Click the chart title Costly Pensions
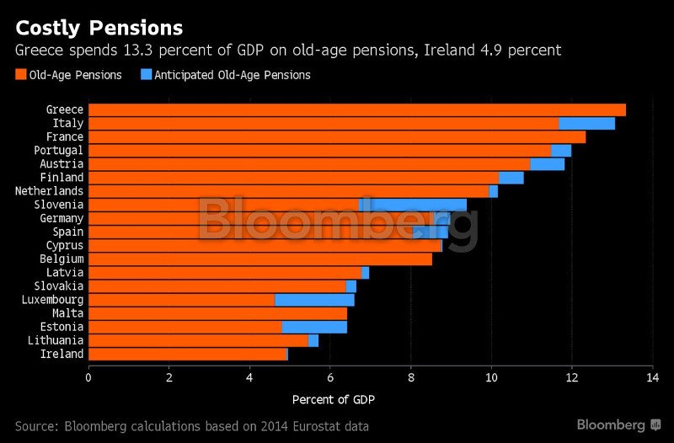(99, 28)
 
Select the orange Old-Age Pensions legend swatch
(20, 75)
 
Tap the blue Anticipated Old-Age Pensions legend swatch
(146, 75)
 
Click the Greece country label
(64, 109)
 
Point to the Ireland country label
(62, 354)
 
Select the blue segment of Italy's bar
(586, 124)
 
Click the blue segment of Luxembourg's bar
(314, 300)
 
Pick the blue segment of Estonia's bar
(314, 327)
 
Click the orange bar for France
(337, 137)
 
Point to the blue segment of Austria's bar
(547, 164)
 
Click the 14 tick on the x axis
(652, 377)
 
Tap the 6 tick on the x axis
(330, 377)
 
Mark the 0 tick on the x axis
(88, 377)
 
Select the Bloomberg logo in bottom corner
(618, 424)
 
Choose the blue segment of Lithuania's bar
(313, 340)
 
